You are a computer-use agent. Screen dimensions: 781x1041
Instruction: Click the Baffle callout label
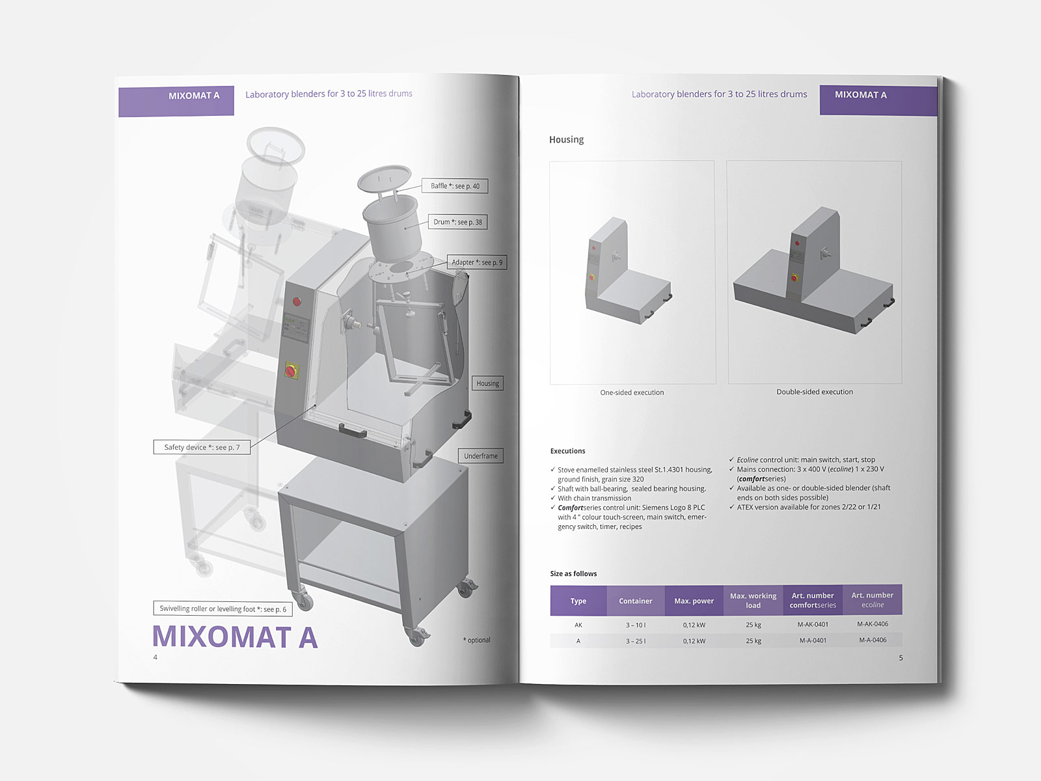pyautogui.click(x=455, y=186)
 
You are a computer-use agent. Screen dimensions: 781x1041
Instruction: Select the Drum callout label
pyautogui.click(x=457, y=222)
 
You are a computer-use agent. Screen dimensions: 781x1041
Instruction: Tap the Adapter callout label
pyautogui.click(x=477, y=262)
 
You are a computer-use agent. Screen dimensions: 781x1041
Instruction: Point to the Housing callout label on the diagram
pyautogui.click(x=487, y=383)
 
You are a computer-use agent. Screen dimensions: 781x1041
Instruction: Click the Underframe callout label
pyautogui.click(x=481, y=456)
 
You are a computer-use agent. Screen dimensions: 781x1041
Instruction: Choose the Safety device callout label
pyautogui.click(x=202, y=447)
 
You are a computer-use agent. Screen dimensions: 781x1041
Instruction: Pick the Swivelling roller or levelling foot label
pyautogui.click(x=223, y=609)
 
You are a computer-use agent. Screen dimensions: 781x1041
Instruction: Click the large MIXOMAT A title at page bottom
pyautogui.click(x=235, y=637)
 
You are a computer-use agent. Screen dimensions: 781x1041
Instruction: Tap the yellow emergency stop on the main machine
pyautogui.click(x=291, y=371)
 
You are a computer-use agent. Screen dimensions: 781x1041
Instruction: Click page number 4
pyautogui.click(x=155, y=657)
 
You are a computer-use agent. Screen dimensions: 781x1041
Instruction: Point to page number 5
pyautogui.click(x=901, y=658)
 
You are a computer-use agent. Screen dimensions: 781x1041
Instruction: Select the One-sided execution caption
pyautogui.click(x=632, y=392)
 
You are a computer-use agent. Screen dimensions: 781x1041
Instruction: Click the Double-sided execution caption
pyautogui.click(x=815, y=392)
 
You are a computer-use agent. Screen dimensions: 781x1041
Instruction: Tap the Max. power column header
pyautogui.click(x=694, y=601)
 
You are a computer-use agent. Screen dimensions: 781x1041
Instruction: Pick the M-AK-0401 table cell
pyautogui.click(x=813, y=625)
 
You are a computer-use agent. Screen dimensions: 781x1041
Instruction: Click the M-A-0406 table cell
pyautogui.click(x=872, y=640)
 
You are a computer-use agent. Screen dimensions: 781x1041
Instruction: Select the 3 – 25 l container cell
pyautogui.click(x=636, y=641)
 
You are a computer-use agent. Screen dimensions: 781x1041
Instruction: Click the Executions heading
pyautogui.click(x=567, y=451)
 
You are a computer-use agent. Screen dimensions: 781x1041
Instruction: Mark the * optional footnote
pyautogui.click(x=477, y=640)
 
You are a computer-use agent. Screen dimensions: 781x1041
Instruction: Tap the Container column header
pyautogui.click(x=635, y=601)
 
